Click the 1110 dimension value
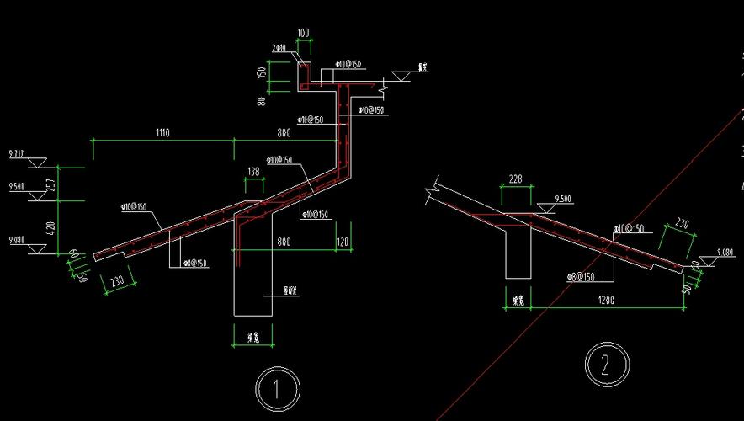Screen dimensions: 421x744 click(x=162, y=132)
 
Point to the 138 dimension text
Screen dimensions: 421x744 click(x=253, y=172)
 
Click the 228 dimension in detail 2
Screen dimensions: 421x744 click(x=516, y=179)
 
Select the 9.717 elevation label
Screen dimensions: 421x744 click(x=16, y=154)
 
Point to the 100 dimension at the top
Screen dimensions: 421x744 click(x=303, y=34)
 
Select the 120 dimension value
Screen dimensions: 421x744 click(x=342, y=242)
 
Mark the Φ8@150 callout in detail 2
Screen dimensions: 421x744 click(x=580, y=276)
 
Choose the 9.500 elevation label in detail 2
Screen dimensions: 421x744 click(x=563, y=200)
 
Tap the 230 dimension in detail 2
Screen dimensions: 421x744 click(x=682, y=225)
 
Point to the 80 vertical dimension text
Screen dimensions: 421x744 click(x=263, y=101)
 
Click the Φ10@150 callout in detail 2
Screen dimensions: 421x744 click(x=629, y=228)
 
